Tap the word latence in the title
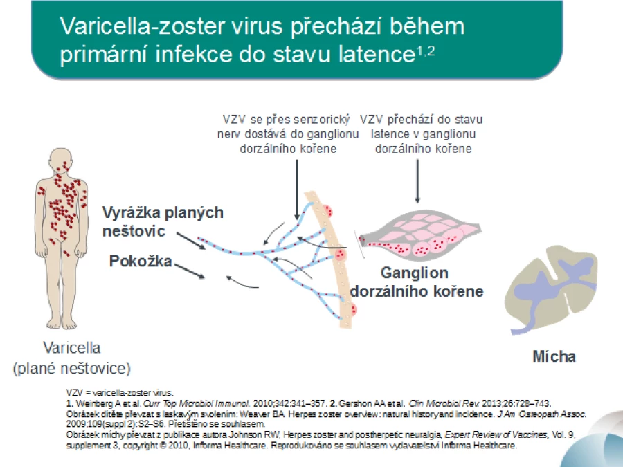pyautogui.click(x=377, y=54)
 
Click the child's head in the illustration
pyautogui.click(x=61, y=161)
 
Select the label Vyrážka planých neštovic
pyautogui.click(x=163, y=221)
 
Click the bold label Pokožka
pyautogui.click(x=141, y=262)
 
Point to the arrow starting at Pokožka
pyautogui.click(x=190, y=271)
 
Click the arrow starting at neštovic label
pyautogui.click(x=191, y=241)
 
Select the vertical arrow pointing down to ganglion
pyautogui.click(x=417, y=181)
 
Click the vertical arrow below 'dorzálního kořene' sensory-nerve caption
pyautogui.click(x=297, y=190)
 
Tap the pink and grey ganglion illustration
pyautogui.click(x=420, y=235)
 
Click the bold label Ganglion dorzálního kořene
pyautogui.click(x=416, y=282)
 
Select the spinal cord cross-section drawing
pyautogui.click(x=552, y=289)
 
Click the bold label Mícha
pyautogui.click(x=554, y=356)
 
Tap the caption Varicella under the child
pyautogui.click(x=71, y=348)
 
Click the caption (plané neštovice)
pyautogui.click(x=71, y=369)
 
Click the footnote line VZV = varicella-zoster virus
pyautogui.click(x=120, y=393)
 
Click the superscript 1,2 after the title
pyautogui.click(x=426, y=51)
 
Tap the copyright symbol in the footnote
pyautogui.click(x=163, y=445)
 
